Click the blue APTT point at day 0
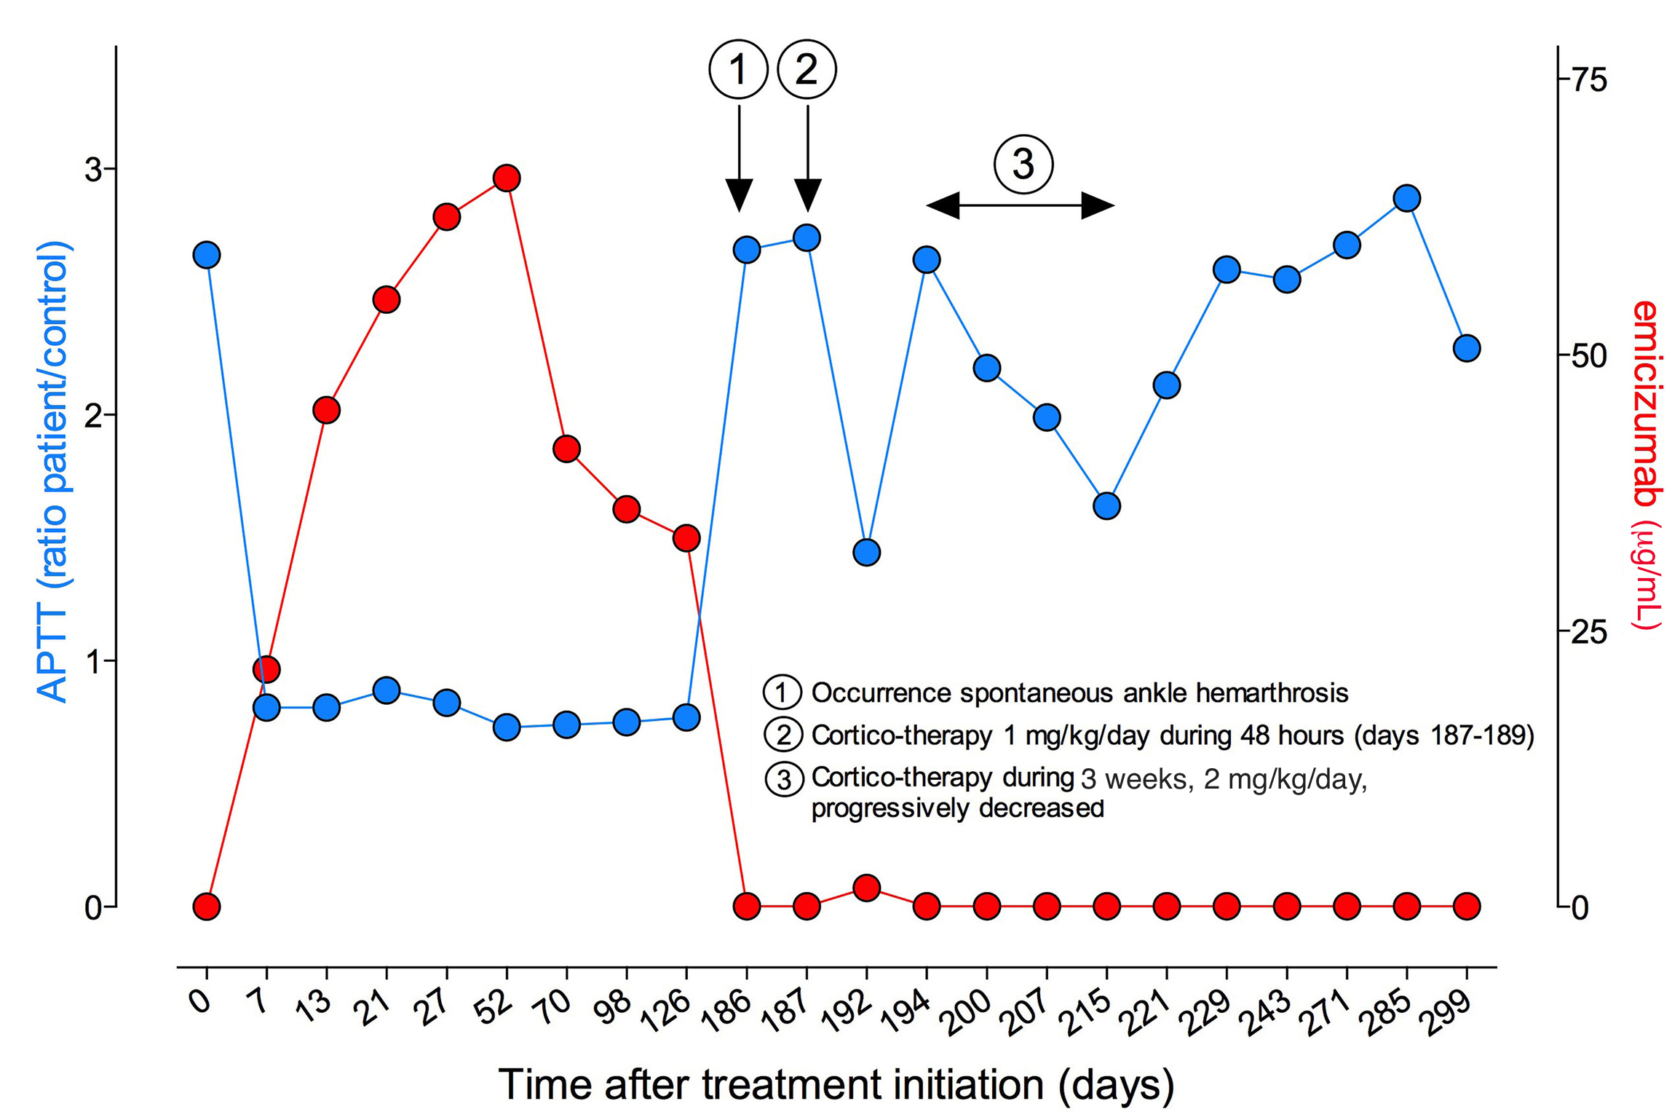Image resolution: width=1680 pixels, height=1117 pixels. point(207,255)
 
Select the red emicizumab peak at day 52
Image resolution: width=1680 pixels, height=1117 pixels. point(507,178)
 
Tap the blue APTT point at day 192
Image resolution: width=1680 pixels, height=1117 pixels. point(866,552)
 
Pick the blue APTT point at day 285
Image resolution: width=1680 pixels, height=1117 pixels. point(1407,198)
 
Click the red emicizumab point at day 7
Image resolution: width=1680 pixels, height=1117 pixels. point(266,669)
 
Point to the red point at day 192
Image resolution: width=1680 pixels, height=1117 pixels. point(866,888)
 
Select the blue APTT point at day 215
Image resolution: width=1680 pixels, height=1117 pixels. point(1106,505)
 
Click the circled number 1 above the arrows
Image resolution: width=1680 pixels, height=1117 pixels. point(738,69)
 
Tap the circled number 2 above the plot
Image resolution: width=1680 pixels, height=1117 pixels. point(807,69)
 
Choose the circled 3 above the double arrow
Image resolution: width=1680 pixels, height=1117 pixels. point(1023,164)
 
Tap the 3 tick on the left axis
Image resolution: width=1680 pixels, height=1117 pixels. point(93,169)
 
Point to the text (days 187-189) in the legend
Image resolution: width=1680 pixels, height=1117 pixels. point(1444,735)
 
